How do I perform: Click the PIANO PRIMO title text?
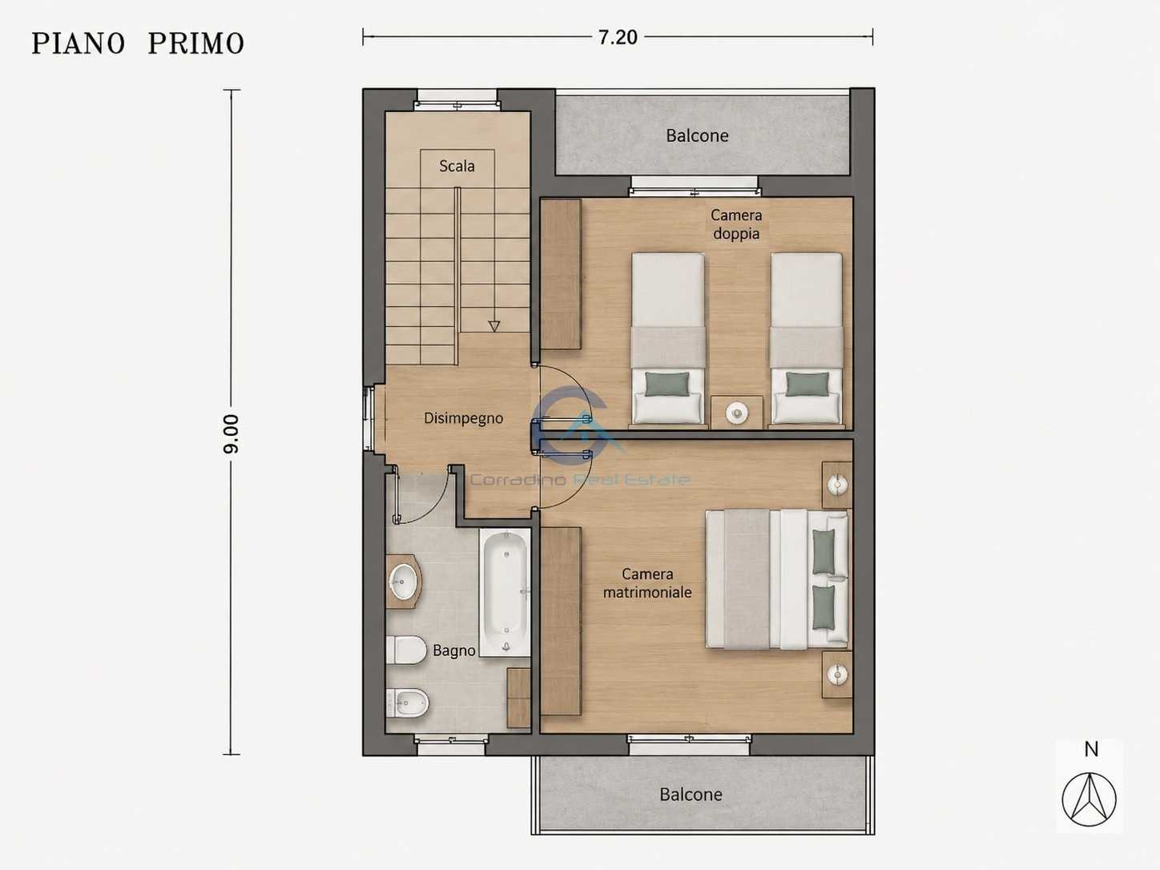click(138, 43)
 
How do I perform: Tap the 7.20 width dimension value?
click(618, 37)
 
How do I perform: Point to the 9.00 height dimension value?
click(231, 433)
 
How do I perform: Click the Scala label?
click(457, 167)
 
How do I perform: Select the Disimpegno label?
click(463, 418)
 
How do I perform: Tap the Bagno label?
click(454, 650)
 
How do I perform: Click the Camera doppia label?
click(736, 224)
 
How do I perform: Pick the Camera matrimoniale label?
click(647, 583)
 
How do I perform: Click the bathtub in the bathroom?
click(505, 593)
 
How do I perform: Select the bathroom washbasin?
click(403, 582)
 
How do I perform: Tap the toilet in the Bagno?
click(406, 650)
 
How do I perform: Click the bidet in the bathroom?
click(407, 703)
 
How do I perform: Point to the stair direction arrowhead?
click(493, 326)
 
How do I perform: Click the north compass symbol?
click(1090, 800)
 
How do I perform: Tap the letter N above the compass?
click(1091, 749)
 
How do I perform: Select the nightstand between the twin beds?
click(736, 412)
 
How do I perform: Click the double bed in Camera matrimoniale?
click(777, 579)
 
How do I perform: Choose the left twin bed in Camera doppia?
click(668, 338)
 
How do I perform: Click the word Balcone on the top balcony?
click(697, 135)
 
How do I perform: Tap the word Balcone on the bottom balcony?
click(691, 795)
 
